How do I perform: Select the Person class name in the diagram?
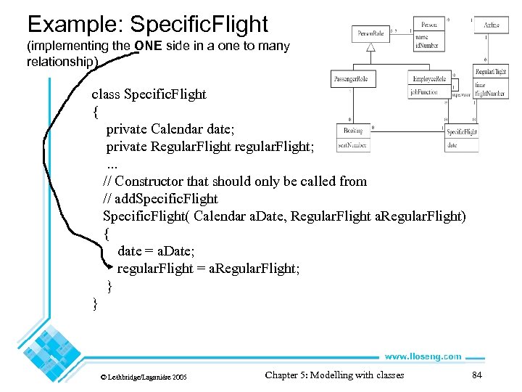pyautogui.click(x=430, y=25)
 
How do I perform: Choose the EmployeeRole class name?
pyautogui.click(x=430, y=79)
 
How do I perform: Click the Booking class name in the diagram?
pyautogui.click(x=353, y=131)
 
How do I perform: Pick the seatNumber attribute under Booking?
pyautogui.click(x=352, y=144)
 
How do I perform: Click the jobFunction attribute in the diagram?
pyautogui.click(x=423, y=92)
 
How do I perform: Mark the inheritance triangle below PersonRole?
pyautogui.click(x=370, y=46)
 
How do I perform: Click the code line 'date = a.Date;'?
pyautogui.click(x=156, y=250)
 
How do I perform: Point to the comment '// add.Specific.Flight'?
pyautogui.click(x=160, y=198)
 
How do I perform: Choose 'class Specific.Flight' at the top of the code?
pyautogui.click(x=149, y=94)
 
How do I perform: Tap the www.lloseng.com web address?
pyautogui.click(x=423, y=356)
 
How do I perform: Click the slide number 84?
pyautogui.click(x=477, y=375)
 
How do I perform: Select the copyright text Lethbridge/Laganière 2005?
pyautogui.click(x=143, y=377)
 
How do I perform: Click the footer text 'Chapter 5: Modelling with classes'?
pyautogui.click(x=334, y=375)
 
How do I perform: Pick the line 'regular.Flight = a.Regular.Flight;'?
pyautogui.click(x=208, y=269)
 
